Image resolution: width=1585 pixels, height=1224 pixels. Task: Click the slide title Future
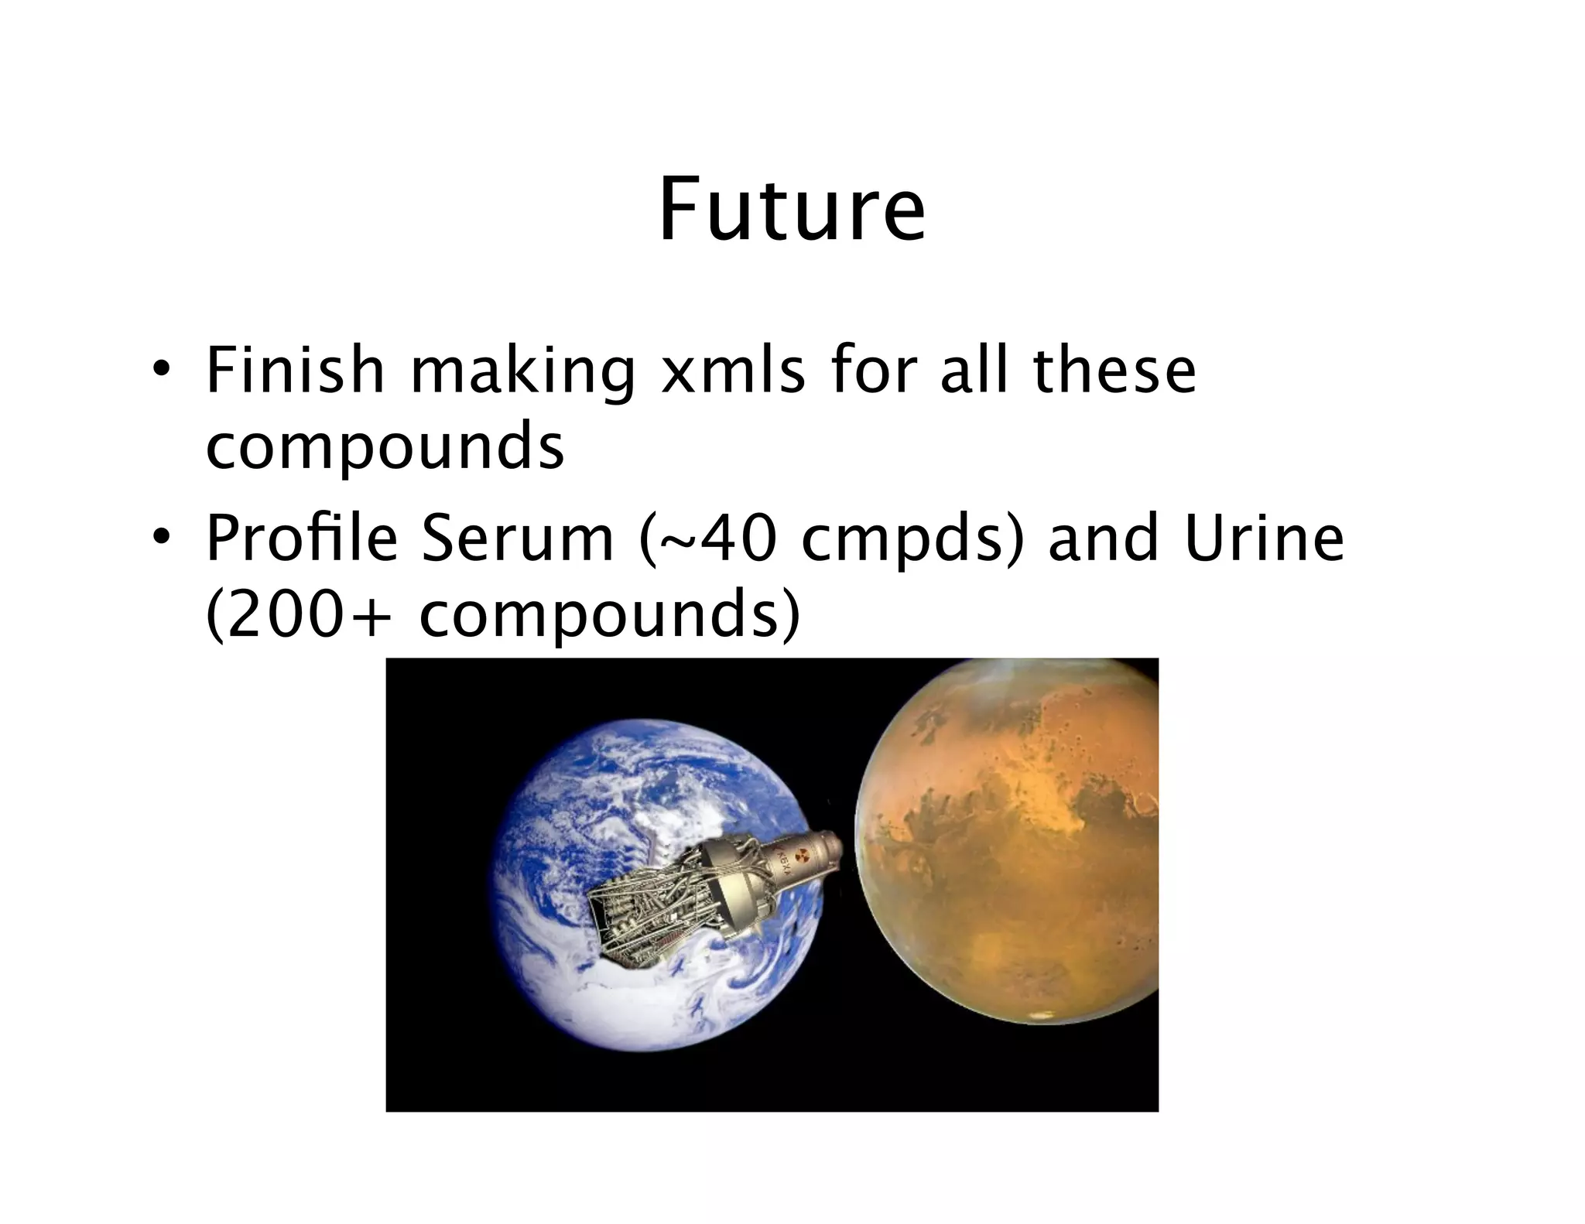tap(792, 210)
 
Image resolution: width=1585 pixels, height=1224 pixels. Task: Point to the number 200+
tap(303, 615)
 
